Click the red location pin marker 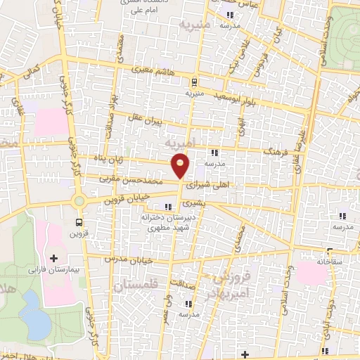pos(180,166)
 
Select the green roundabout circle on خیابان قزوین pos(79,201)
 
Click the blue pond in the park pos(31,304)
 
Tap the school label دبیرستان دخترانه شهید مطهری pos(167,223)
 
